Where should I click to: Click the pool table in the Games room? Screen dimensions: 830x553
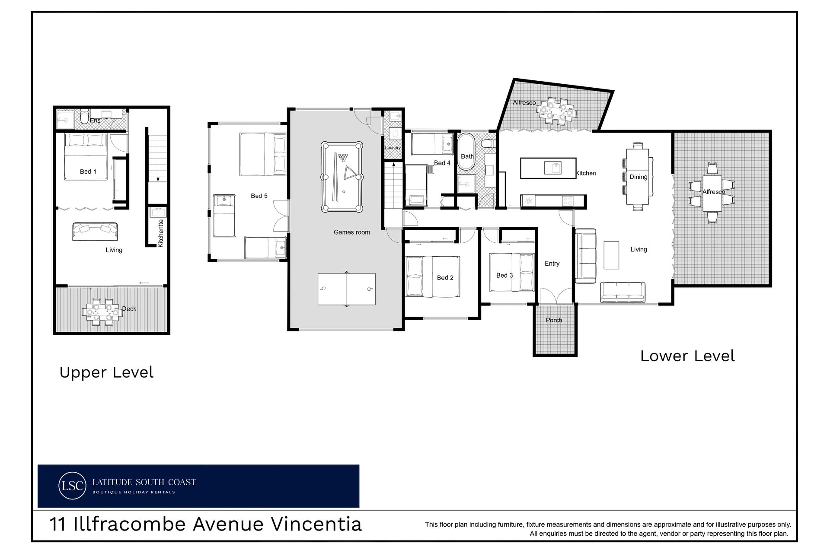(x=342, y=176)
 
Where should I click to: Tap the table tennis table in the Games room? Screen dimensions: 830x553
(x=346, y=289)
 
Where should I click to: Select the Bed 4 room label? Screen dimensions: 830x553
(x=442, y=163)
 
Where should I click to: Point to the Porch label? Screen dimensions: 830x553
(x=554, y=320)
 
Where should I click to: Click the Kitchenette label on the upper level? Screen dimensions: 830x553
(x=161, y=233)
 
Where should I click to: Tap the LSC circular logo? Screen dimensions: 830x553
(x=72, y=486)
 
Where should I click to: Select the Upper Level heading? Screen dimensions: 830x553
(x=106, y=372)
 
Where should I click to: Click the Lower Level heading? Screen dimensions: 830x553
(x=687, y=356)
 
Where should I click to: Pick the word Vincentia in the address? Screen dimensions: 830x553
(x=316, y=524)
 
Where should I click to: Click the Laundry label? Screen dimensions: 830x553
(x=393, y=148)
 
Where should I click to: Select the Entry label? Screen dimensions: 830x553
(x=552, y=264)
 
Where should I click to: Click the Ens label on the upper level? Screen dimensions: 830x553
(x=95, y=121)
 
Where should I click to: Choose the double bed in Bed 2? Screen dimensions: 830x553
(x=432, y=277)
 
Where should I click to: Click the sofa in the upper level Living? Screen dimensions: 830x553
(x=95, y=232)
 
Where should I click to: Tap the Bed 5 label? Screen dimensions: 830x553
(x=259, y=196)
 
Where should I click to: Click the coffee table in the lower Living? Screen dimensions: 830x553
(x=611, y=255)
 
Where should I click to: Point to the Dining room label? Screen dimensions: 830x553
(x=638, y=177)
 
